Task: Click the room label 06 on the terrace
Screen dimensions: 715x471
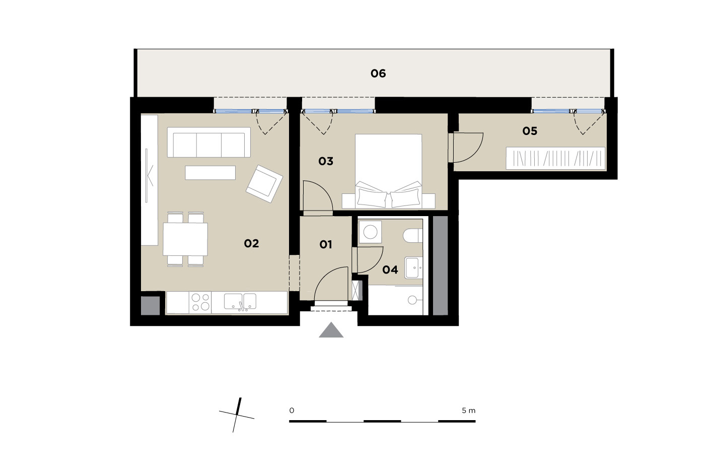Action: [x=378, y=74]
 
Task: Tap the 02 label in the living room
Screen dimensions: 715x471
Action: [x=251, y=244]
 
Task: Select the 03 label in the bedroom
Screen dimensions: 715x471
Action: [x=326, y=161]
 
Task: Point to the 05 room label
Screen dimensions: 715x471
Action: [x=530, y=131]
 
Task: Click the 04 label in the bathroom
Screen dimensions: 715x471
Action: [x=390, y=270]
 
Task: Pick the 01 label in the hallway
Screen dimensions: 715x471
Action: [x=326, y=245]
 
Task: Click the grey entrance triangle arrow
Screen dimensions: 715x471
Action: [x=331, y=330]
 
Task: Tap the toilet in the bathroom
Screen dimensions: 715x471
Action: [x=413, y=236]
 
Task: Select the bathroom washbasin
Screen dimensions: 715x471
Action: [x=414, y=267]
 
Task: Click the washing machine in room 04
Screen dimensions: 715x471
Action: [x=370, y=232]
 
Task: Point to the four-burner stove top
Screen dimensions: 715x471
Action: [x=200, y=302]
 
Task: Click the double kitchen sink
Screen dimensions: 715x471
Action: [x=240, y=302]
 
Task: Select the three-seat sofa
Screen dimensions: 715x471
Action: [x=209, y=142]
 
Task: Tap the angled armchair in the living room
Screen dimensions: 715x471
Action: [x=264, y=183]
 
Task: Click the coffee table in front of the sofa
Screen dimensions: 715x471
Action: [x=210, y=173]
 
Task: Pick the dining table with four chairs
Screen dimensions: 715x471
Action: [x=185, y=239]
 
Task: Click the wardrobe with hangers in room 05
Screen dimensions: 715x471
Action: [x=555, y=158]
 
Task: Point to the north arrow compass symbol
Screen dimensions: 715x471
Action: [x=237, y=415]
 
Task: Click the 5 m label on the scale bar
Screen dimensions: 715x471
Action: [x=469, y=411]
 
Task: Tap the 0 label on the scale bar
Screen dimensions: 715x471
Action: [x=292, y=411]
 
